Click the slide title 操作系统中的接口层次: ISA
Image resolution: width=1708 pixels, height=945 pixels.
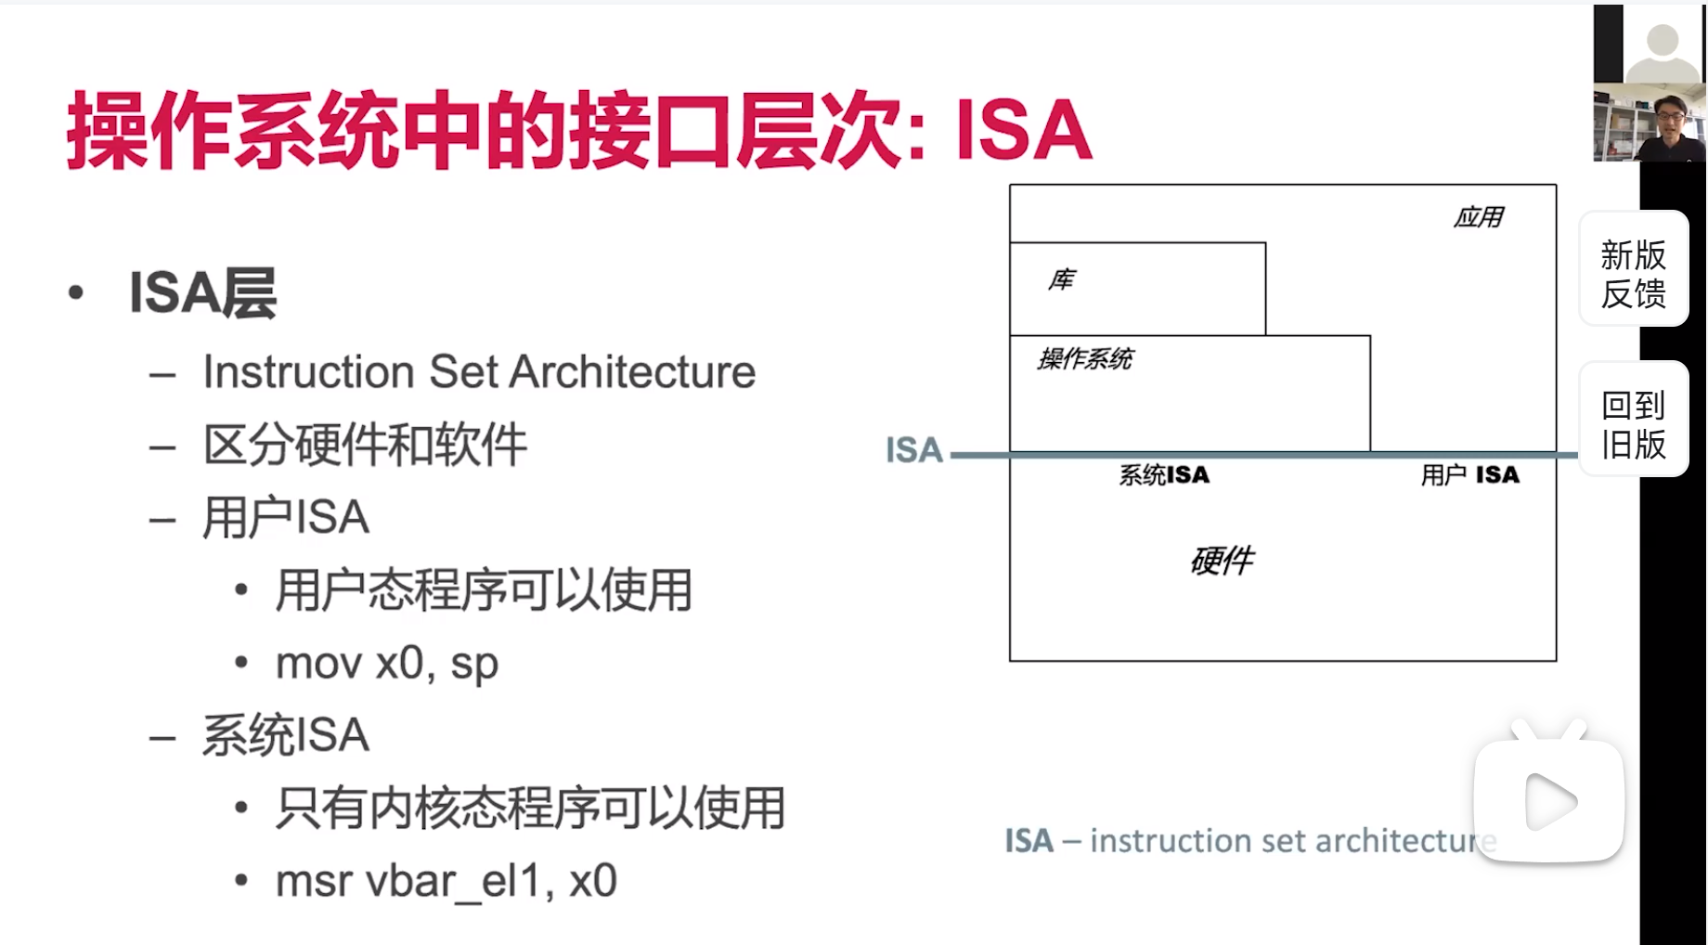(578, 131)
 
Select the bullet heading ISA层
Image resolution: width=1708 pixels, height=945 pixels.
(202, 293)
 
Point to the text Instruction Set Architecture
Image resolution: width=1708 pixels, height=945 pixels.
(479, 372)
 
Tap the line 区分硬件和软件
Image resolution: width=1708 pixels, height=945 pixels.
(365, 445)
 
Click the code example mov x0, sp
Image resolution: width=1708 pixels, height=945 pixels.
(387, 664)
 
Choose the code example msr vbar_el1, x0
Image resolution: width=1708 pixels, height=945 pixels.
(446, 881)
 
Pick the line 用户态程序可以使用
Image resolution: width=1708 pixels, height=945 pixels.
(484, 590)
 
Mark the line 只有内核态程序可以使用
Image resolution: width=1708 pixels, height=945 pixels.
(530, 809)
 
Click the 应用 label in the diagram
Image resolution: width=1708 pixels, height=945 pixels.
(1478, 217)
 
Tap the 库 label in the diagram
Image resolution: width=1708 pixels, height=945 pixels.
(1062, 279)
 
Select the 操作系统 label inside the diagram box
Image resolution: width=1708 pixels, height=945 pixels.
(1085, 358)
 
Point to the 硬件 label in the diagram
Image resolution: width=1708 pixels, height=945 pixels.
(1222, 561)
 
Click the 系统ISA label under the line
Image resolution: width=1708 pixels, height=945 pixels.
(1164, 475)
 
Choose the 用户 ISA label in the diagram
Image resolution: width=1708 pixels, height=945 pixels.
(1469, 475)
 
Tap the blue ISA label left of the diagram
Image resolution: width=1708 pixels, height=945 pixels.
(913, 450)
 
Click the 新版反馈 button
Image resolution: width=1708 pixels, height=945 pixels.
(1634, 274)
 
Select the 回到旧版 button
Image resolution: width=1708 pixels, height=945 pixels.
(1634, 424)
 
